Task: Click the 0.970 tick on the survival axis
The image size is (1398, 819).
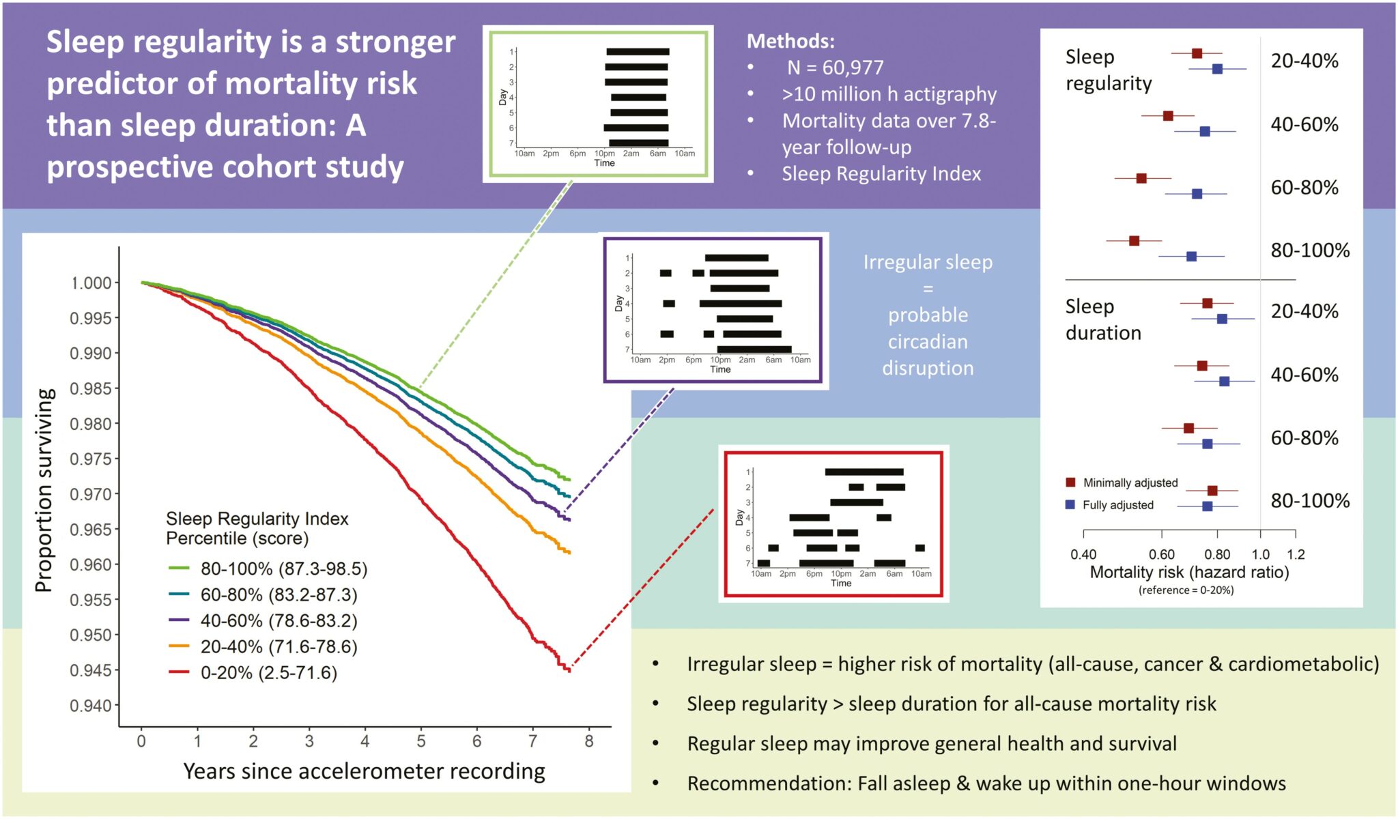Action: click(x=91, y=494)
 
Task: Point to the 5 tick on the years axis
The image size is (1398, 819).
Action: click(x=421, y=741)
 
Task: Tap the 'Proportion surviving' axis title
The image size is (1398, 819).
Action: click(x=44, y=490)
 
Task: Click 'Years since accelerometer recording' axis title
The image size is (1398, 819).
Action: click(x=364, y=771)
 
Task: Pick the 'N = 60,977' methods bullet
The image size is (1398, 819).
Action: click(x=835, y=68)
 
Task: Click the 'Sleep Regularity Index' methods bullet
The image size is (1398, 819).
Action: click(x=881, y=174)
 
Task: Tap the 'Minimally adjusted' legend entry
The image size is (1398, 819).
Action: click(x=1130, y=483)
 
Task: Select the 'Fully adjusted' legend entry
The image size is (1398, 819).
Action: click(x=1117, y=505)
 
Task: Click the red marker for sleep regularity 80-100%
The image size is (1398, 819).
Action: click(x=1134, y=241)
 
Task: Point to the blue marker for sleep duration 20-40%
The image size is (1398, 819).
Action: click(x=1222, y=319)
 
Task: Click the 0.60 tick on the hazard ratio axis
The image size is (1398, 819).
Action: click(x=1161, y=554)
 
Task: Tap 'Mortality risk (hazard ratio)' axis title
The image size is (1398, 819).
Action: click(x=1189, y=572)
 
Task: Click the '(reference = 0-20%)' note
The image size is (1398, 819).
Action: click(x=1186, y=590)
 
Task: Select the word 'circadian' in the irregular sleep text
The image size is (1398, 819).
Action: click(x=928, y=341)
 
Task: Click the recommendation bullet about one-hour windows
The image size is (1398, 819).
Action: click(x=986, y=784)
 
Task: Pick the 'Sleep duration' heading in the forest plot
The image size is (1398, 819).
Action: click(x=1103, y=319)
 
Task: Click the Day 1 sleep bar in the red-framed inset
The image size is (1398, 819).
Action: click(x=864, y=472)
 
